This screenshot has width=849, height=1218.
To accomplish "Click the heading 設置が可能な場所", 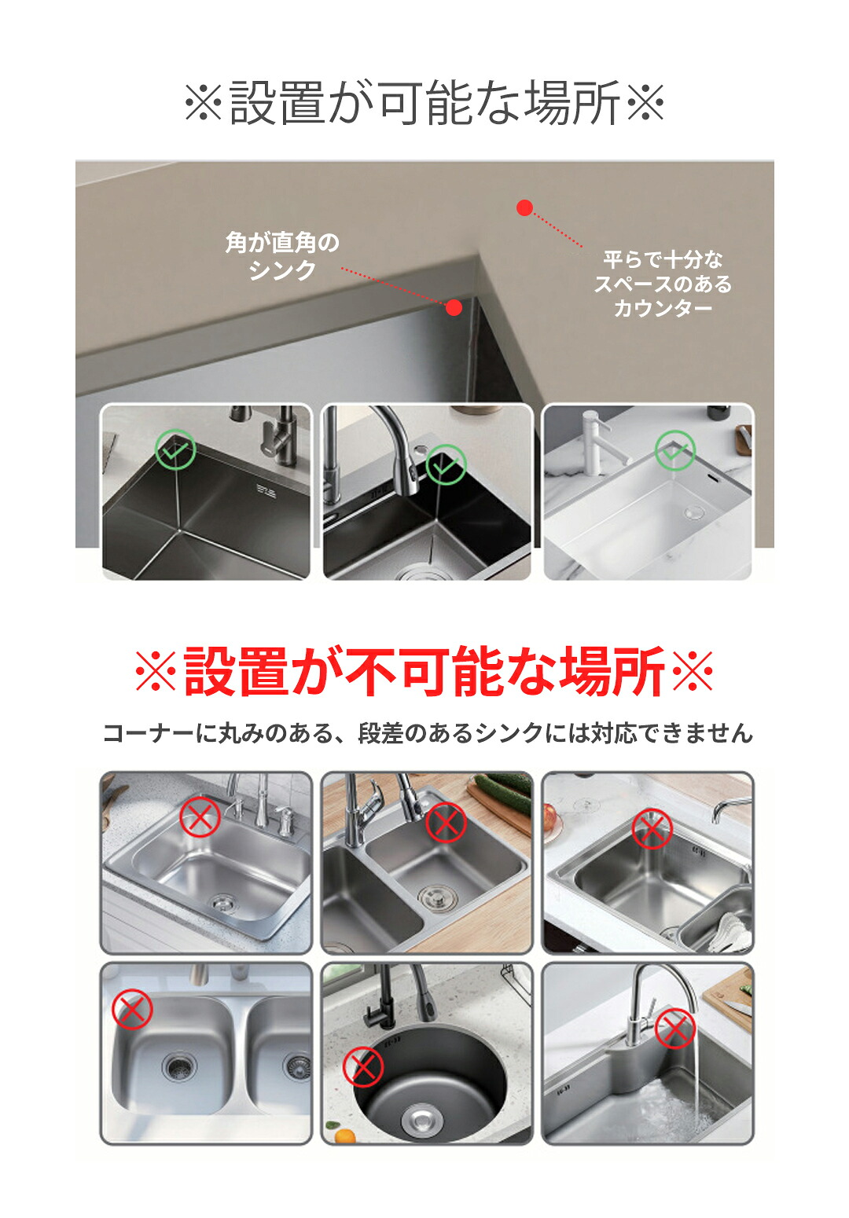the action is coord(424,101).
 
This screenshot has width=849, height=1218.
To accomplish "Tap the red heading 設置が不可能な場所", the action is coord(424,671).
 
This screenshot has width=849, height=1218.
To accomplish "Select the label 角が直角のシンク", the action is coord(282,256).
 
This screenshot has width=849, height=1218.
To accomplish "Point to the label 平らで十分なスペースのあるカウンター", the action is coord(663,284).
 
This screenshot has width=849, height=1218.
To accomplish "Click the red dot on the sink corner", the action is coord(454,308).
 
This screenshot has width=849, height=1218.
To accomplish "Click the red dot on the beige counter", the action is coord(524,207).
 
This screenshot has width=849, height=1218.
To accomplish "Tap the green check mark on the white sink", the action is coord(675,450).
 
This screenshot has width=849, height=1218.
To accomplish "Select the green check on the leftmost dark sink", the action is coord(175,449).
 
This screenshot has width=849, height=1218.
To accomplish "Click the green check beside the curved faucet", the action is coord(446,464).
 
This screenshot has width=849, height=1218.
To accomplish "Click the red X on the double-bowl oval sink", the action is coord(132,1010).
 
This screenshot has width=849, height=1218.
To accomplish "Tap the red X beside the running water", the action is coord(675,1029).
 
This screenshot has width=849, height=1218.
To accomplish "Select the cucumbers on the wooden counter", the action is coord(502,794).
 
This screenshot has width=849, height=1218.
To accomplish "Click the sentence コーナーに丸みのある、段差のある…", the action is coord(428,733).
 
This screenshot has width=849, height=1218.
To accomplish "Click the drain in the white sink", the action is coord(694,511).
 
